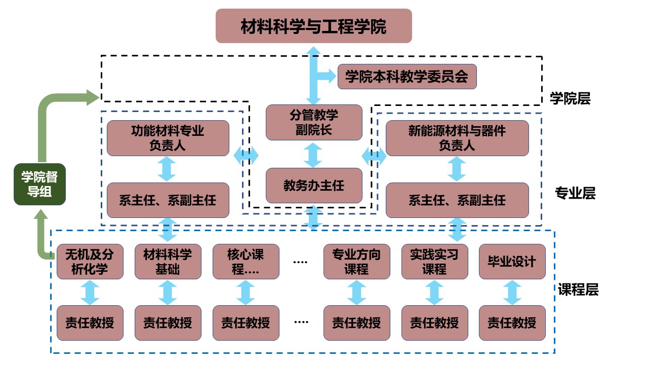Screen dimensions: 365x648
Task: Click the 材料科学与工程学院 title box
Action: coord(313,26)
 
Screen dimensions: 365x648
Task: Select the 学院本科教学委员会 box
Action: coord(407,77)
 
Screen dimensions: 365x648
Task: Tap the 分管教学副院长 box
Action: coord(314,122)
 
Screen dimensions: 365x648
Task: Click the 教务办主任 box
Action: coord(314,186)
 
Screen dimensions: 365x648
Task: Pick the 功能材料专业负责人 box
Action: coord(168,138)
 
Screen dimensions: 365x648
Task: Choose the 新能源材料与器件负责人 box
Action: coord(457,138)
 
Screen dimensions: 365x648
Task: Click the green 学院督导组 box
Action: coord(39,185)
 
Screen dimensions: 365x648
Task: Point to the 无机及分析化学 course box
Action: coord(90,262)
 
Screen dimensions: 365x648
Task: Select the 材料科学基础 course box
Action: coord(168,262)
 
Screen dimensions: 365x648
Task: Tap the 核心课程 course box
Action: coord(246,262)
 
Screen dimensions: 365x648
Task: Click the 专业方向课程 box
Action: coord(357,262)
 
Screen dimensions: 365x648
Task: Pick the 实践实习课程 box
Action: coord(434,262)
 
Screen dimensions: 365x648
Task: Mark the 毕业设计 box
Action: coord(512,262)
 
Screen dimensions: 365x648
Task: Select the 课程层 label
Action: coord(578,290)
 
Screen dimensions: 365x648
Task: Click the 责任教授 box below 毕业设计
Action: coord(512,322)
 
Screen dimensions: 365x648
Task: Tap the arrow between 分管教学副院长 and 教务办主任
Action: coord(314,154)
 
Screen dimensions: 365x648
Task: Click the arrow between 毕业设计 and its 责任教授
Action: coord(512,293)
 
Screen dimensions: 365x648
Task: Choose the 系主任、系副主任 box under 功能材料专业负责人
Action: coord(168,200)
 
